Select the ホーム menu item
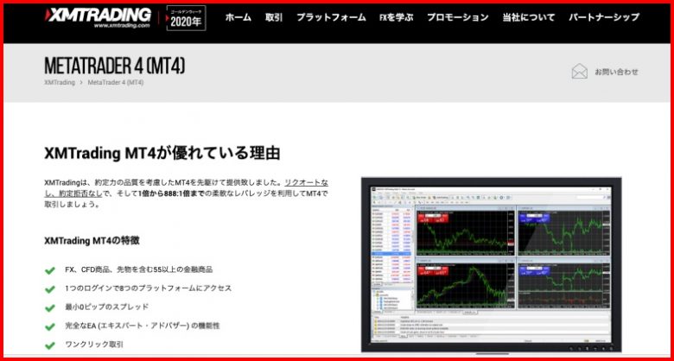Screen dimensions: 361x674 [x=238, y=17]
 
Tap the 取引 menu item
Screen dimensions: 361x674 [x=274, y=17]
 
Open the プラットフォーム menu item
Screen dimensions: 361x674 [x=330, y=17]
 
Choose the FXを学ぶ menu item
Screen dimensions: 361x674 [x=395, y=17]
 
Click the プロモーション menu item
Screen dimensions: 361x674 [x=457, y=17]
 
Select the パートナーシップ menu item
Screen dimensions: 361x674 [x=604, y=17]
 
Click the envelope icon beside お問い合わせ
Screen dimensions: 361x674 [x=579, y=72]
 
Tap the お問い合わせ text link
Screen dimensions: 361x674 [x=616, y=72]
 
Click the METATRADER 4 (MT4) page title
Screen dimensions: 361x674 [x=114, y=66]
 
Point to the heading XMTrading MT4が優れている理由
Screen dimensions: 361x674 [x=162, y=153]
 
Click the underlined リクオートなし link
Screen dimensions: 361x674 [x=306, y=182]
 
